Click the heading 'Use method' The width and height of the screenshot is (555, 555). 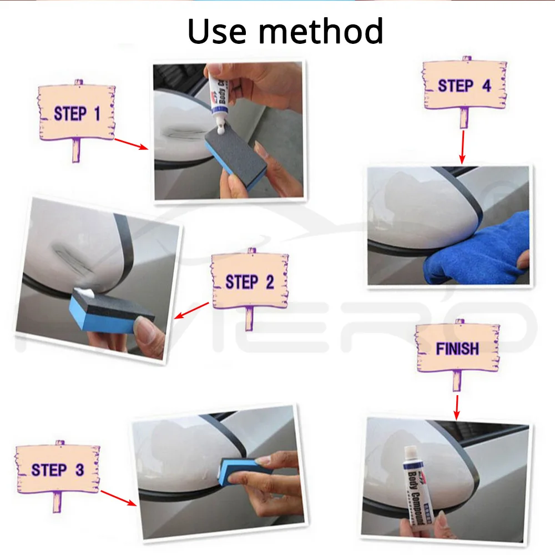coord(285,32)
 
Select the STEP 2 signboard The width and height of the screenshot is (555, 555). coord(250,281)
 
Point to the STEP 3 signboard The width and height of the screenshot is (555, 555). coord(57,470)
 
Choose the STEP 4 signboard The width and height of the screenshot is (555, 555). coord(464,85)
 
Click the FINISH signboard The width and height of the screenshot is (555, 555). coord(457,349)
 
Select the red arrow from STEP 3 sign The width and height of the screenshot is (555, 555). coord(118,498)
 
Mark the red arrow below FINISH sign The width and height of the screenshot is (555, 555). coord(457,407)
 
